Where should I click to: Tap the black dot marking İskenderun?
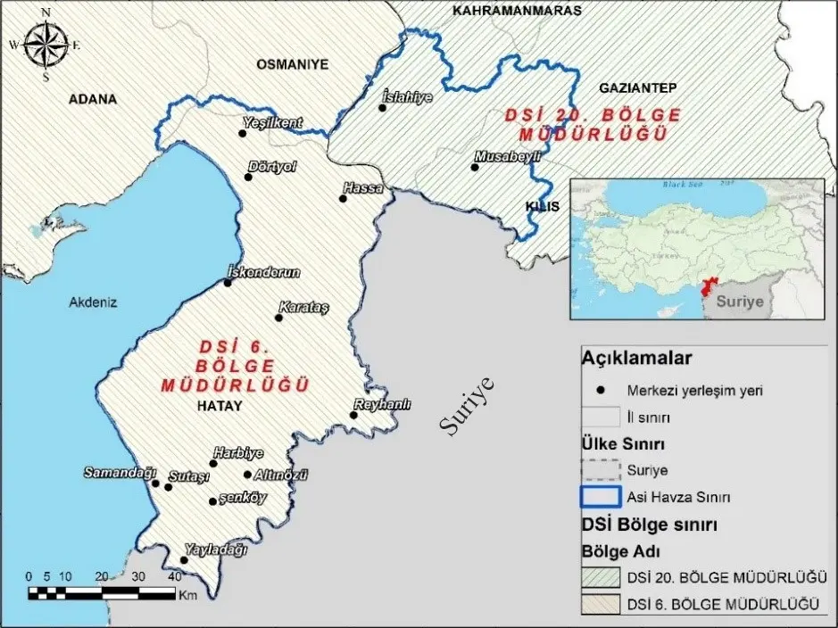[x=228, y=283]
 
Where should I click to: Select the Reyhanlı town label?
[x=383, y=404]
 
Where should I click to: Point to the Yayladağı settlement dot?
[x=184, y=560]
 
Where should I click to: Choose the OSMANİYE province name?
[x=293, y=64]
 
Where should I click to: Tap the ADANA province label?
[x=93, y=99]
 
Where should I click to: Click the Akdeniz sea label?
[x=93, y=302]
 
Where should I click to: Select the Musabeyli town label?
[x=508, y=155]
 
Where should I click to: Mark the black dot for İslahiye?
[x=382, y=108]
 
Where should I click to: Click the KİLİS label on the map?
[x=542, y=206]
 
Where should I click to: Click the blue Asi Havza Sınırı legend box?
[x=601, y=495]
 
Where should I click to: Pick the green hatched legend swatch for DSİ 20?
[x=601, y=578]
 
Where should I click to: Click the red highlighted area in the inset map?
[x=711, y=288]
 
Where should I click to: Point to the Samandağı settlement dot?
[x=155, y=483]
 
